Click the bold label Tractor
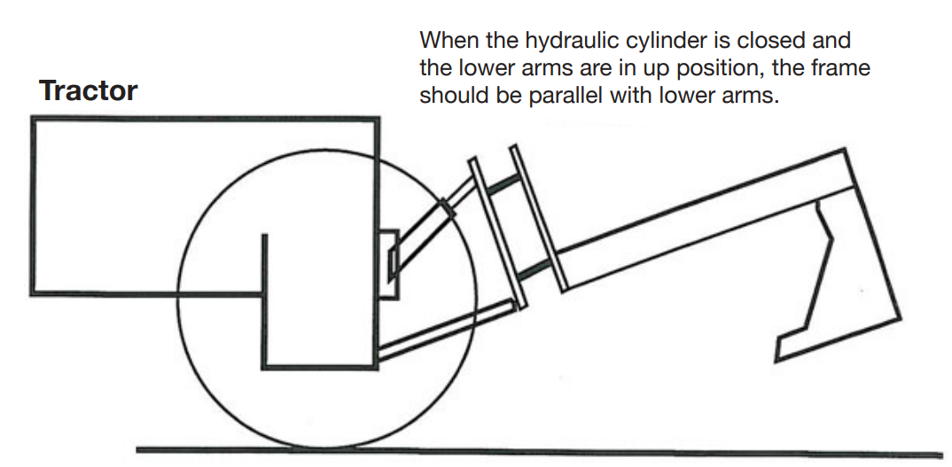click(x=89, y=91)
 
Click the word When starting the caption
click(x=448, y=40)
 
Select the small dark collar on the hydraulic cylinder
click(x=447, y=207)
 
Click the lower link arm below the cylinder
click(x=446, y=329)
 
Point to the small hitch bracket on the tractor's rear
click(x=389, y=265)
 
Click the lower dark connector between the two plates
click(x=535, y=269)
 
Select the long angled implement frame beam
click(x=705, y=219)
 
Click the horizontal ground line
click(x=539, y=453)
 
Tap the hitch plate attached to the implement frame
click(x=539, y=218)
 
